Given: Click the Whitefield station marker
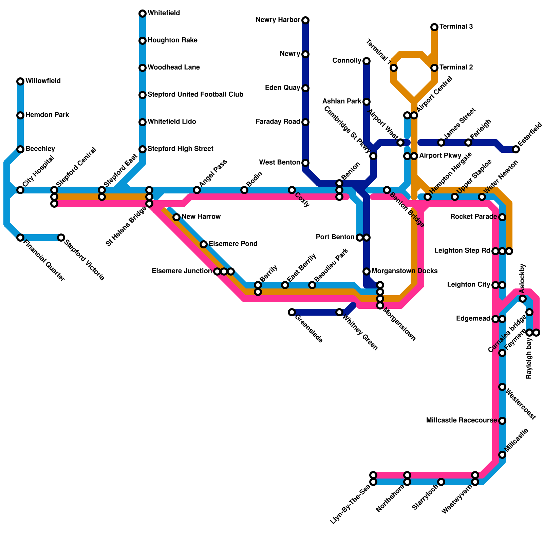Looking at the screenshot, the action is (143, 14).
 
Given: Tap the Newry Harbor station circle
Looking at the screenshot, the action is (305, 20).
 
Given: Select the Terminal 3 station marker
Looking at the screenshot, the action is (434, 27).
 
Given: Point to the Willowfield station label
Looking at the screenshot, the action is (43, 81).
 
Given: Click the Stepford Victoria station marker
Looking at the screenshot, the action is (61, 238).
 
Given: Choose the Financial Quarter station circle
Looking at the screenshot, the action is (20, 238).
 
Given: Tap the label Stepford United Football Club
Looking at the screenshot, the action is (195, 95).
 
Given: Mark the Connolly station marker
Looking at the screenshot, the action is (367, 61).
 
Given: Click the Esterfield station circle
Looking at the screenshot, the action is (516, 149).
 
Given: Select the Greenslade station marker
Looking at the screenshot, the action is (292, 312).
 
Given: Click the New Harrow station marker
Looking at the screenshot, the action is (176, 217).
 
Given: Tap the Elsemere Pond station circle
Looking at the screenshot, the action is (204, 244).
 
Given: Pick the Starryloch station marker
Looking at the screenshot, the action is (441, 482).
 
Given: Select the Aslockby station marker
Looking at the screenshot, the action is (523, 299).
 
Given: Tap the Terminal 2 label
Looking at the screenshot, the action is (456, 68).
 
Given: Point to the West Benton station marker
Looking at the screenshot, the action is (305, 163).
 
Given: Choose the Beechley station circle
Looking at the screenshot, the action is (20, 149).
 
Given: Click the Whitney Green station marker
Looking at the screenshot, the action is (339, 312).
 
